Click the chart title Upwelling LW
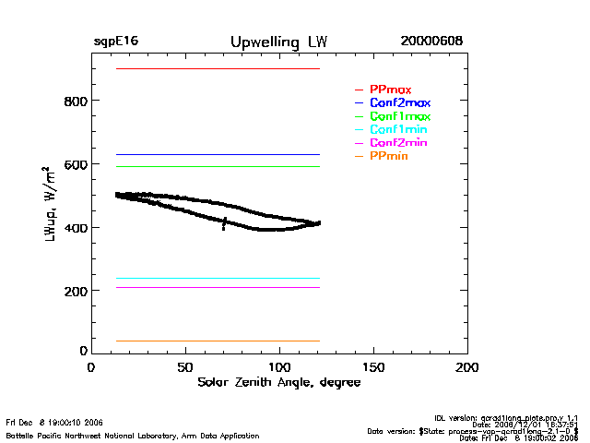278,42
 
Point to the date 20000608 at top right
431,42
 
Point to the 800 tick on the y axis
75,101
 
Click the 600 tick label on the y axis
75,164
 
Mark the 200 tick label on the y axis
75,292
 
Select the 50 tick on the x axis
185,367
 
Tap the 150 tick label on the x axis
373,367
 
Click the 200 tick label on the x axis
467,367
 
